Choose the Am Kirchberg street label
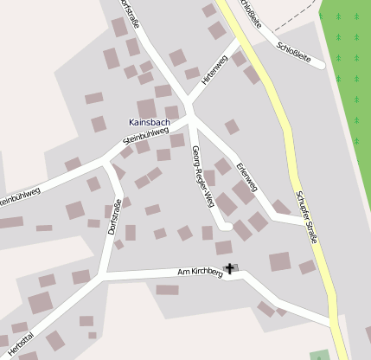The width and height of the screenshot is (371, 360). [200, 273]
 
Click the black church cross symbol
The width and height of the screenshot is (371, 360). [229, 269]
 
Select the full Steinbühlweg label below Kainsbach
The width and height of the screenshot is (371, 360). [146, 138]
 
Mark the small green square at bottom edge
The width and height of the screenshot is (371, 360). [320, 355]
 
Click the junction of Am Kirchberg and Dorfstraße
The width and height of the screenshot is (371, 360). [102, 276]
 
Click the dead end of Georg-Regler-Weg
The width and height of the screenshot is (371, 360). [227, 227]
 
